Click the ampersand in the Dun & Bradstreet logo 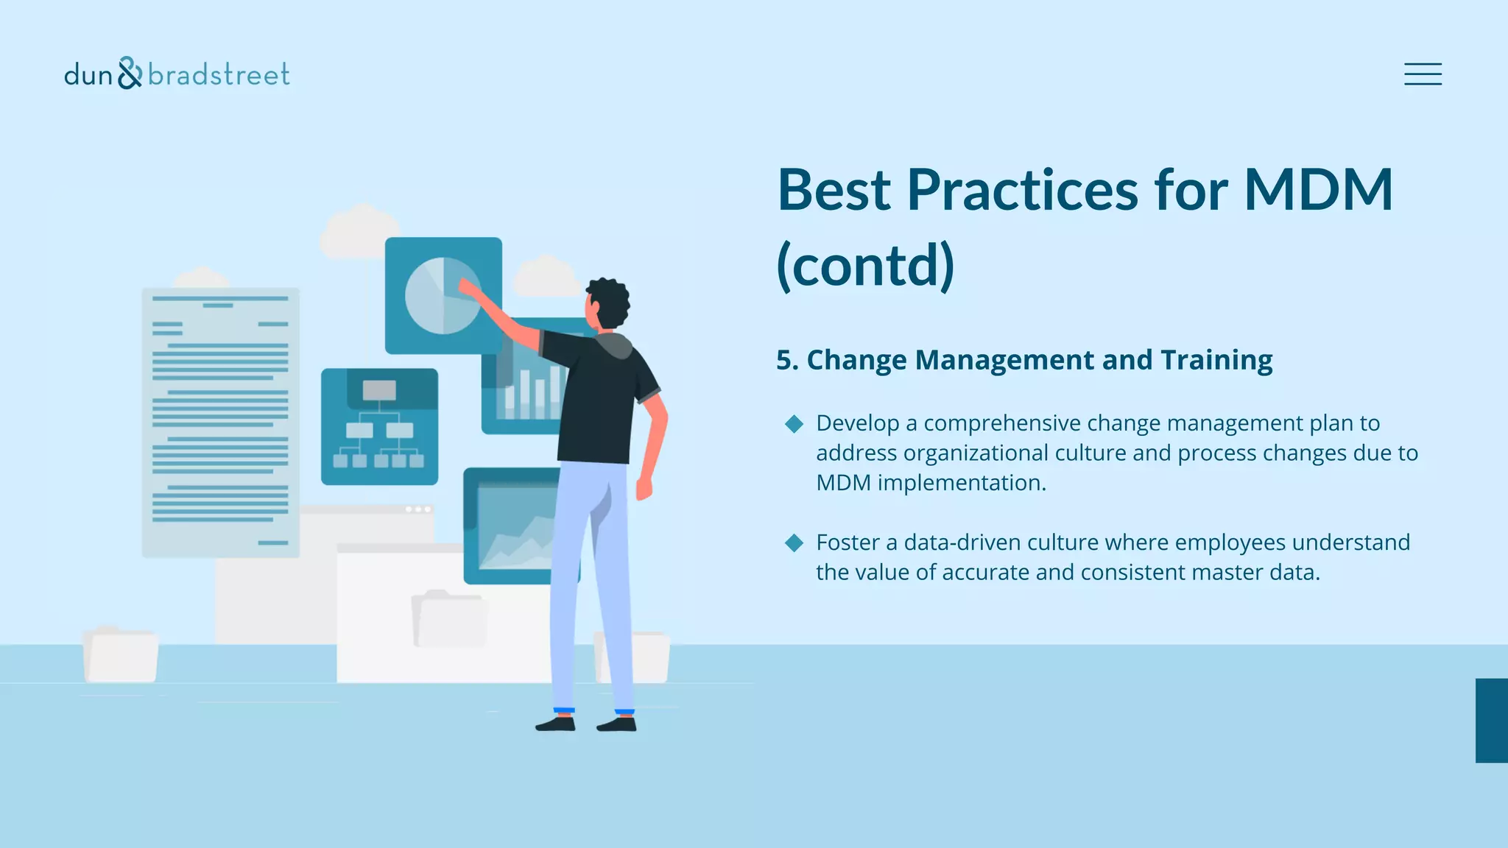click(130, 73)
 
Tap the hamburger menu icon click(1423, 74)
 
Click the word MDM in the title click(1318, 190)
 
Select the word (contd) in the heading click(865, 266)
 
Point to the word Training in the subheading click(1216, 360)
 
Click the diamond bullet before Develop click(794, 423)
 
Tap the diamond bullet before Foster click(794, 543)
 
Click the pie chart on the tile click(442, 295)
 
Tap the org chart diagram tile click(379, 427)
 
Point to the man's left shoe click(556, 724)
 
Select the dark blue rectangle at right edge click(1491, 720)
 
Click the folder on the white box click(449, 620)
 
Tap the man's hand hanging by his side click(644, 487)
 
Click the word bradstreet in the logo click(219, 74)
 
